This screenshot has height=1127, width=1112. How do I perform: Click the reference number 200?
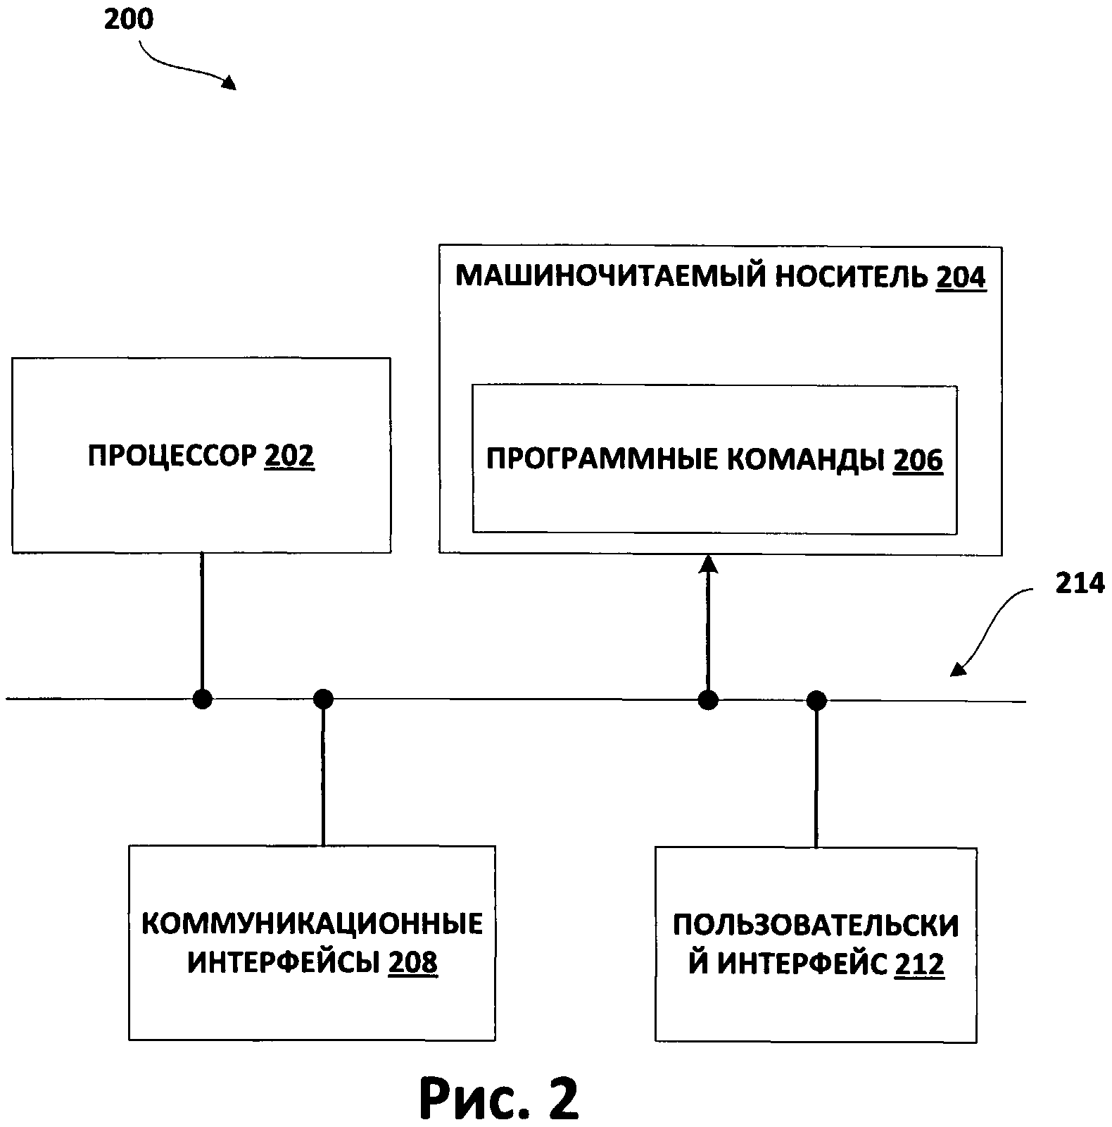point(129,20)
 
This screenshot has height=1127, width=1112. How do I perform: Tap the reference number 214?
point(1080,583)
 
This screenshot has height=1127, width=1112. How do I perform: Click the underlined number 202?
point(289,456)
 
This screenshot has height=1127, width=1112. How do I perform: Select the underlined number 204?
point(961,277)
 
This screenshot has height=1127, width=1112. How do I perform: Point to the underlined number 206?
point(918,460)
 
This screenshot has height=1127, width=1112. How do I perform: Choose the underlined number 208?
point(413,962)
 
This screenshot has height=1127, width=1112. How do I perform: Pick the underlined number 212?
point(919,964)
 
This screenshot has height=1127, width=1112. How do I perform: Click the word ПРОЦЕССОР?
point(173,456)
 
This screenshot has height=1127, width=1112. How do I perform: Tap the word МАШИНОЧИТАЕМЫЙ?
point(610,276)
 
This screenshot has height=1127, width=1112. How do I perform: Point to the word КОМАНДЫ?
point(805,460)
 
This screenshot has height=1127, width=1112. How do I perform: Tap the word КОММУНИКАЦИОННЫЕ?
point(312,923)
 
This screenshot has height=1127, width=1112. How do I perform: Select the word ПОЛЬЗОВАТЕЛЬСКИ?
point(816,926)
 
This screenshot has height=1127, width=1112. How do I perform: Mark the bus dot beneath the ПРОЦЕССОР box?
point(202,699)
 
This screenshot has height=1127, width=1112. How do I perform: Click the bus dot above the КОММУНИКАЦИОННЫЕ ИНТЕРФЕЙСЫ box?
point(323,699)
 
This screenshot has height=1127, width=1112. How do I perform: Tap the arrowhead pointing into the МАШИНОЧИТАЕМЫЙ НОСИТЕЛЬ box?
point(708,565)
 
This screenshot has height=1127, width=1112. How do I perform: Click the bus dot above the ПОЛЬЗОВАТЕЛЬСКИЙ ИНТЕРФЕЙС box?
point(816,700)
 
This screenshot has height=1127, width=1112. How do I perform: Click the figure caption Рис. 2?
point(499,1097)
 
